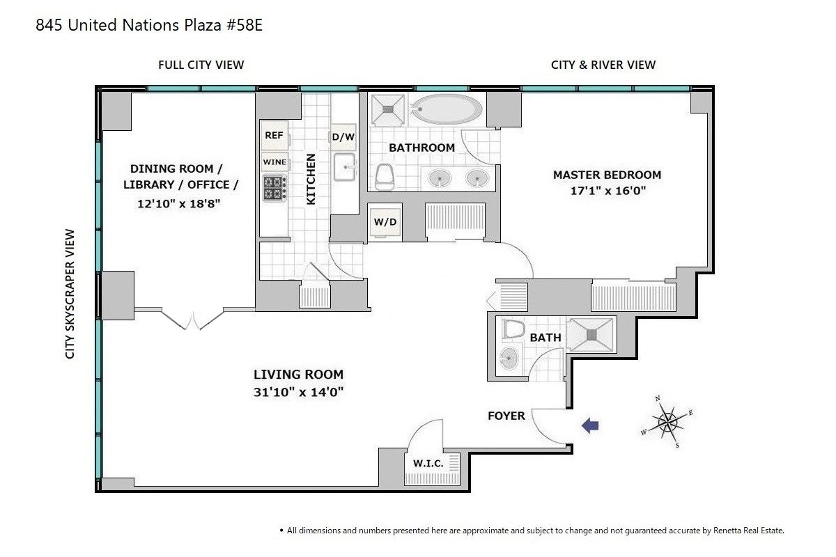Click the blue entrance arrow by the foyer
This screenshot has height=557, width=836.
click(x=590, y=425)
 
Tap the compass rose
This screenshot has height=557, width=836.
click(x=667, y=421)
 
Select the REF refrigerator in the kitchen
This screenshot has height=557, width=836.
click(x=274, y=136)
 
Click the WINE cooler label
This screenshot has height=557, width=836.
click(x=274, y=162)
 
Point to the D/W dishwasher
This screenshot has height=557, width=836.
click(x=343, y=137)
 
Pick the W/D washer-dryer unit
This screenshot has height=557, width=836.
click(x=385, y=222)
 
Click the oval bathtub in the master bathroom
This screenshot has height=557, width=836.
click(x=447, y=109)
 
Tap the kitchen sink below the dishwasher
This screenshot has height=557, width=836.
click(x=344, y=167)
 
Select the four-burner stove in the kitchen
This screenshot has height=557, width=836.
click(x=274, y=188)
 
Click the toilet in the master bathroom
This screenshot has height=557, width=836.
click(x=385, y=177)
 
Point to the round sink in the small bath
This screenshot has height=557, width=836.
click(x=509, y=359)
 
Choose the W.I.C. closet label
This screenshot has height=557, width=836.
click(x=428, y=464)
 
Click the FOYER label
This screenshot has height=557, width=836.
click(x=506, y=416)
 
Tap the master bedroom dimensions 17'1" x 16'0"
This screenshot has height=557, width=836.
click(x=608, y=191)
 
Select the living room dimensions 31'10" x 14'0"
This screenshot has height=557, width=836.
click(x=299, y=393)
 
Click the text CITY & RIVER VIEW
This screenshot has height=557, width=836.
click(x=603, y=65)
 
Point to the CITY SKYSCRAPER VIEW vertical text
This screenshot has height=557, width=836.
click(x=70, y=294)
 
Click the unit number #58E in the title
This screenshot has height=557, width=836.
click(x=243, y=25)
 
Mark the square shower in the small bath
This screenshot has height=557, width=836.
click(x=591, y=335)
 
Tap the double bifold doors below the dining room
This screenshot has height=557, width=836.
click(x=192, y=320)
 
